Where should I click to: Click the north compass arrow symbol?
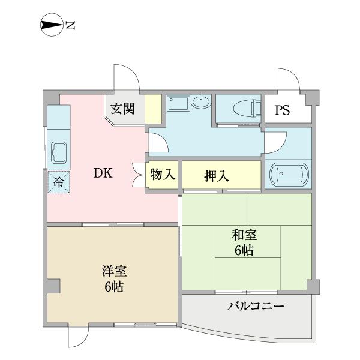tap(51, 25)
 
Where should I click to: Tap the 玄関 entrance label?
tap(122, 110)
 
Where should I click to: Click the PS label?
tap(282, 110)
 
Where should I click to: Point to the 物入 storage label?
tap(162, 175)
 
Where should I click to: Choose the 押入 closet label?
tap(217, 176)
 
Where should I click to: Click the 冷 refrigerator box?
tap(59, 182)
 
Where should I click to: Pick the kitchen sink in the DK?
tap(59, 153)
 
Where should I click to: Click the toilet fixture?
tap(245, 109)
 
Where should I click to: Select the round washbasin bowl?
tap(202, 102)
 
